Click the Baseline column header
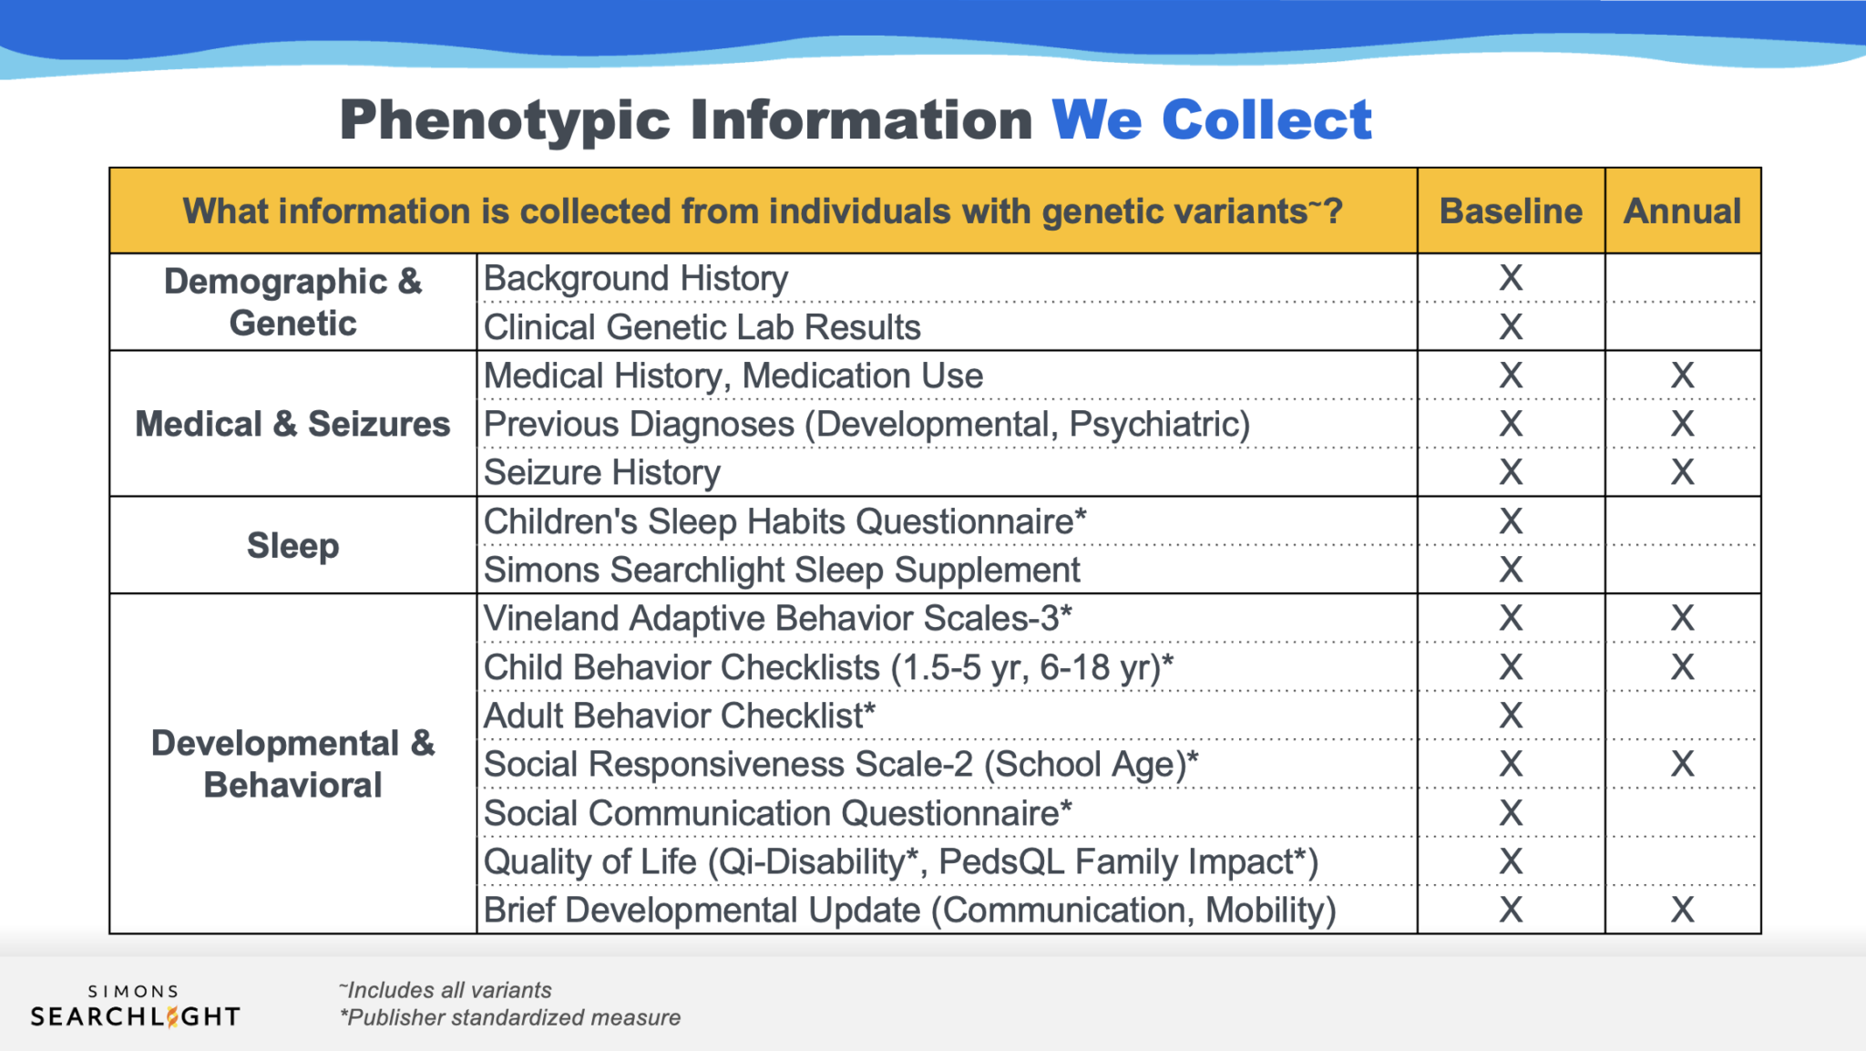pos(1511,211)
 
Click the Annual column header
pos(1682,211)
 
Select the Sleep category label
pos(292,545)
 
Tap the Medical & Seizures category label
pos(292,424)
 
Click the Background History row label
pos(636,278)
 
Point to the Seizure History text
pos(602,472)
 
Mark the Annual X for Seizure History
pos(1682,472)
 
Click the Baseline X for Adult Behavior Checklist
pos(1511,716)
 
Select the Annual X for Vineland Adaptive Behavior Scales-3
pos(1682,618)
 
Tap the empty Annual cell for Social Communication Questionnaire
pos(1682,812)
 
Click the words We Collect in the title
pos(1211,119)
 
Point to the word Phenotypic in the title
pos(505,119)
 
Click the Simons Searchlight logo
pos(135,1006)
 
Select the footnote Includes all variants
pos(446,990)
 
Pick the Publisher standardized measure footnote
pos(510,1017)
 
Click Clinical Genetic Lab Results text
pos(702,326)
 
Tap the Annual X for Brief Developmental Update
pos(1682,910)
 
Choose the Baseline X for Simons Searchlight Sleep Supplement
pos(1511,570)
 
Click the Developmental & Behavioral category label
pos(292,764)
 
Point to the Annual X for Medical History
pos(1682,375)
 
